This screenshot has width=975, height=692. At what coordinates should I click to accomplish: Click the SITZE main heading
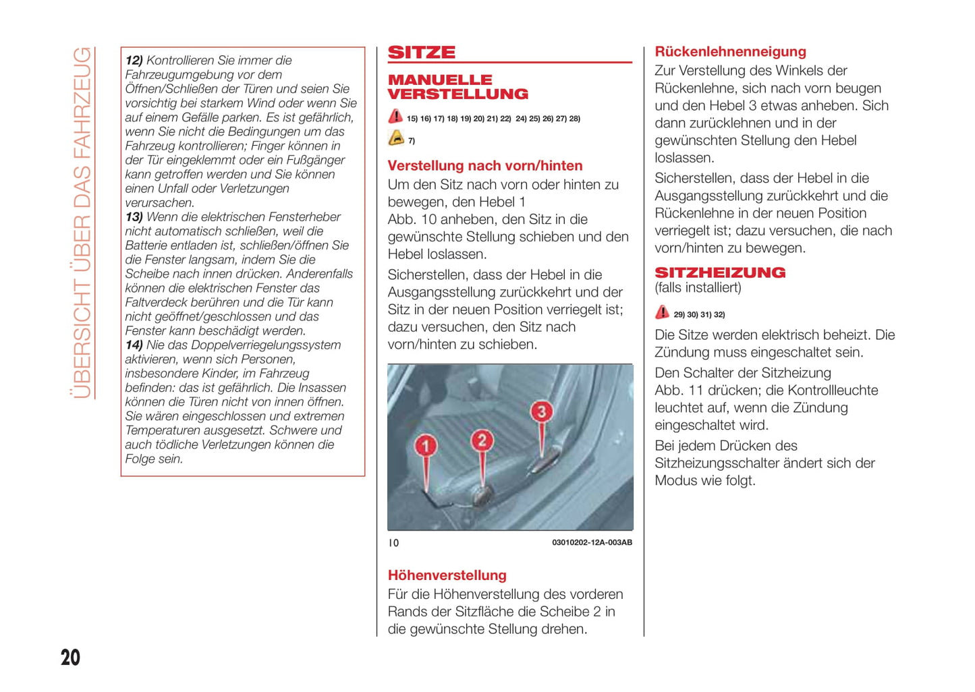[422, 53]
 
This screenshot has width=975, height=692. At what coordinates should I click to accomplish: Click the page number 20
[70, 658]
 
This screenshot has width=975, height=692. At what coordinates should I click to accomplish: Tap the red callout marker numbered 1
[426, 446]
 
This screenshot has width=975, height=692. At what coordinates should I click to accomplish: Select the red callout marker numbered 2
[482, 440]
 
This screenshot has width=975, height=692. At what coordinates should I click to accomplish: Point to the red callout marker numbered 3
[541, 411]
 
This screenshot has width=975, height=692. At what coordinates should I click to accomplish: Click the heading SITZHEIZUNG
[720, 272]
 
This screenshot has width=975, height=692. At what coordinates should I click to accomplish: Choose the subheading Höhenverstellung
[447, 575]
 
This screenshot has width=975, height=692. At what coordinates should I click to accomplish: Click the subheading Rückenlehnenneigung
[730, 52]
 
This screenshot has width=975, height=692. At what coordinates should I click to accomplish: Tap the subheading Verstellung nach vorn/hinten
[484, 166]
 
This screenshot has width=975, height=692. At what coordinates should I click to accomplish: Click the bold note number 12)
[134, 61]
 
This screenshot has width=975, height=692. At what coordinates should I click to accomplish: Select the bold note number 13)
[134, 217]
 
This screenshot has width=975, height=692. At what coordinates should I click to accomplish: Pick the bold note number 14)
[134, 345]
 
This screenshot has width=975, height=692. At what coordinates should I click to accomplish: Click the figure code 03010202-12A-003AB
[592, 542]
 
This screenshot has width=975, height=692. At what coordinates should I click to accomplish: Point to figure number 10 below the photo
[393, 543]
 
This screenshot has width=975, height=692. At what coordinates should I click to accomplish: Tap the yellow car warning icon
[396, 138]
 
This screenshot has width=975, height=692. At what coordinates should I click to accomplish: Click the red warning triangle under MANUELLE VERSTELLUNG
[395, 117]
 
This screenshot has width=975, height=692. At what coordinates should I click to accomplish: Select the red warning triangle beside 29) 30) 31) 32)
[662, 313]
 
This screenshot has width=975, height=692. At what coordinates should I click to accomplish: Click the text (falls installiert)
[698, 288]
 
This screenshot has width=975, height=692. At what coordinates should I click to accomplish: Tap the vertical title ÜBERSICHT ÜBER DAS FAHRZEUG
[82, 223]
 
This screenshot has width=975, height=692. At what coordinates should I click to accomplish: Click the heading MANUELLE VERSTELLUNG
[457, 87]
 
